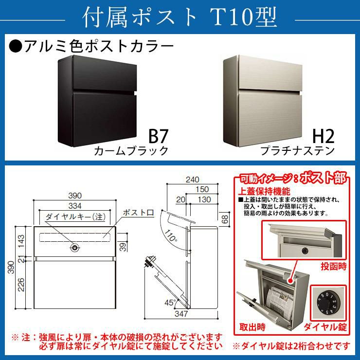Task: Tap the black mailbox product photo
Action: tap(97, 101)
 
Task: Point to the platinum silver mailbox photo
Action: tap(263, 101)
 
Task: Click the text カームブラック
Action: tap(131, 151)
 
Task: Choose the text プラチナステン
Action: tap(297, 151)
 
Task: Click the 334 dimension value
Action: tap(75, 206)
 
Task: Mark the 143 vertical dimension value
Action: tap(21, 241)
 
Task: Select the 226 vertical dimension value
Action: tap(21, 285)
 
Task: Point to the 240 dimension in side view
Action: tap(192, 180)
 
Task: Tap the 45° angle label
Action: tap(170, 303)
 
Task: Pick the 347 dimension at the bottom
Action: tap(181, 314)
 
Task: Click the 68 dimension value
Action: tap(225, 219)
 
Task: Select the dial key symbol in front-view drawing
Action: tap(74, 248)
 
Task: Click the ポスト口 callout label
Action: tap(138, 213)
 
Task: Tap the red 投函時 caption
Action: tap(333, 266)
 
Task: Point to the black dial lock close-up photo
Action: tap(328, 303)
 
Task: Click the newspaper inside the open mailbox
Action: tap(278, 301)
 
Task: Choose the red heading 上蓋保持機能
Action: tap(264, 191)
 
